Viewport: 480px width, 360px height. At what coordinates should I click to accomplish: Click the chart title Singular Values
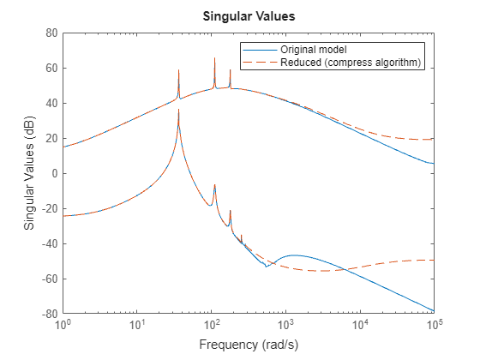[x=248, y=15]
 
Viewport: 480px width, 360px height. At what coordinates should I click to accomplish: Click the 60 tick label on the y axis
[x=51, y=68]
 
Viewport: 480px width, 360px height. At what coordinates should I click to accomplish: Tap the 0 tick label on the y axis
[x=54, y=173]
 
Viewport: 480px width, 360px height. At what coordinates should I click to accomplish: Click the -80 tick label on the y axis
[x=49, y=314]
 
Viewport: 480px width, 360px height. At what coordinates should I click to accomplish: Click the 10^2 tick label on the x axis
[x=211, y=327]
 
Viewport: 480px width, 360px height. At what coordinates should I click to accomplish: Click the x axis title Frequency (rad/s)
[x=248, y=345]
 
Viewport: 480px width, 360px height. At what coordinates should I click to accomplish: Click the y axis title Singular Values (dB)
[x=29, y=173]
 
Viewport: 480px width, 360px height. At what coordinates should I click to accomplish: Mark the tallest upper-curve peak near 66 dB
[x=214, y=58]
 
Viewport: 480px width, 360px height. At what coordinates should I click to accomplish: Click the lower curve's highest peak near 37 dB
[x=178, y=110]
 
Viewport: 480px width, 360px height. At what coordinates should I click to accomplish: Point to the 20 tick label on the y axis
[x=51, y=138]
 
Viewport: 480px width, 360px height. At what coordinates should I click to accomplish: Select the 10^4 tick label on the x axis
[x=359, y=327]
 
